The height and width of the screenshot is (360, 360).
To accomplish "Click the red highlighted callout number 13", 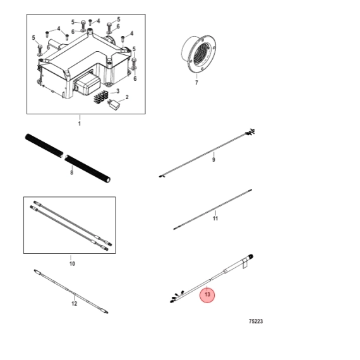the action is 207,294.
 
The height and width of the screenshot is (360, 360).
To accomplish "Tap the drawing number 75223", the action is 256,321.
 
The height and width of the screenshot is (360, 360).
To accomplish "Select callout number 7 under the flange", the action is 196,83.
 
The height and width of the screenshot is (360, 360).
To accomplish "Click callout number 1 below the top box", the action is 80,124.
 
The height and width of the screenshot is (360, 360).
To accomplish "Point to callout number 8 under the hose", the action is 71,172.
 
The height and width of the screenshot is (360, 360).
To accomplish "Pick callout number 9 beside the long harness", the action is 213,159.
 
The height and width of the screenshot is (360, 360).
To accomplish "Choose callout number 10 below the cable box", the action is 72,263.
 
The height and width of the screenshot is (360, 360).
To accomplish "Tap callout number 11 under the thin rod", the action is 215,218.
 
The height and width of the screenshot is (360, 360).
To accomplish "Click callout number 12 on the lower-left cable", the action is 74,304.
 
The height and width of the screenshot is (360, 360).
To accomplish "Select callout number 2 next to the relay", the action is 127,97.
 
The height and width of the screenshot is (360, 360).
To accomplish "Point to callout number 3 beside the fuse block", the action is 117,91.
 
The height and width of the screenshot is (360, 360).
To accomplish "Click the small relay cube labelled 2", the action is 114,104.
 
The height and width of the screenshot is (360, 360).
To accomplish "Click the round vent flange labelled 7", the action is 199,54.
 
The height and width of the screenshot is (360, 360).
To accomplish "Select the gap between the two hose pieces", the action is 64,155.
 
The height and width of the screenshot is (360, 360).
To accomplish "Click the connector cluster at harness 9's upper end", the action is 250,132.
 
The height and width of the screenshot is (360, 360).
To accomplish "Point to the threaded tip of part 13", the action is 251,256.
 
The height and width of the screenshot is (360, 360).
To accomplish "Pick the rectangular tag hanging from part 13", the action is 244,263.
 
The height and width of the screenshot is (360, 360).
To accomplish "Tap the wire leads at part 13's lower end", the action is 177,297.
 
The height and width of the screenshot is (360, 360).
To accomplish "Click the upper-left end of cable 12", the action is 35,271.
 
